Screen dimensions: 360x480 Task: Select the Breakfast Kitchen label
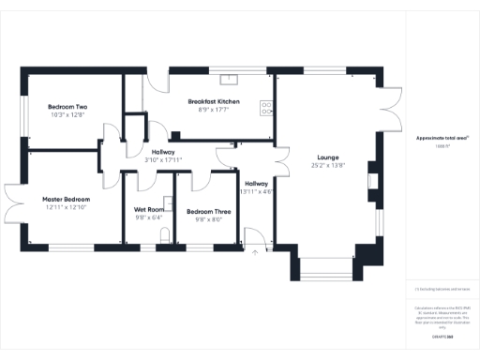tap(214, 100)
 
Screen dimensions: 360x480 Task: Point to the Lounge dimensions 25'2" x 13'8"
tap(327, 165)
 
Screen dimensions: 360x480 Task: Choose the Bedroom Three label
tap(208, 211)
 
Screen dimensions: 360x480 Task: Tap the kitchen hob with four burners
tap(268, 107)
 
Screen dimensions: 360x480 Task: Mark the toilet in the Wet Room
tap(165, 239)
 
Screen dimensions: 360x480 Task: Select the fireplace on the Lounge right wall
tap(372, 180)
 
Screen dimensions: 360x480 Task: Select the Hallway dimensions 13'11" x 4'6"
tap(256, 191)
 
